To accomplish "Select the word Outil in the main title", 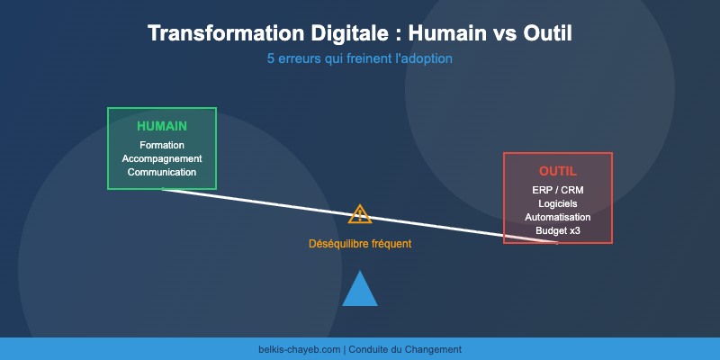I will pyautogui.click(x=544, y=33).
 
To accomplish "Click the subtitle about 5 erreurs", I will pyautogui.click(x=360, y=58).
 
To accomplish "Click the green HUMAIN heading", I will pyautogui.click(x=162, y=126).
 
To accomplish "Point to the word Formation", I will pyautogui.click(x=162, y=145).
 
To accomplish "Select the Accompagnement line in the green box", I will pyautogui.click(x=162, y=158).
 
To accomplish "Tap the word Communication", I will pyautogui.click(x=162, y=172).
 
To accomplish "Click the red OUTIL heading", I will pyautogui.click(x=558, y=171).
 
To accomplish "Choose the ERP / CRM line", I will pyautogui.click(x=558, y=190).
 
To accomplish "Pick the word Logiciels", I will pyautogui.click(x=558, y=203).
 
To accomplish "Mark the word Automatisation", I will pyautogui.click(x=558, y=217).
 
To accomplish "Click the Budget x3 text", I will pyautogui.click(x=558, y=230).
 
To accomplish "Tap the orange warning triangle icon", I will pyautogui.click(x=360, y=214).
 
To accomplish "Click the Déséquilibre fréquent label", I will pyautogui.click(x=360, y=244).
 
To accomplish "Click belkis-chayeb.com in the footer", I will pyautogui.click(x=299, y=349).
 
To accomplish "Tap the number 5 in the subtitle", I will pyautogui.click(x=271, y=58).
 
